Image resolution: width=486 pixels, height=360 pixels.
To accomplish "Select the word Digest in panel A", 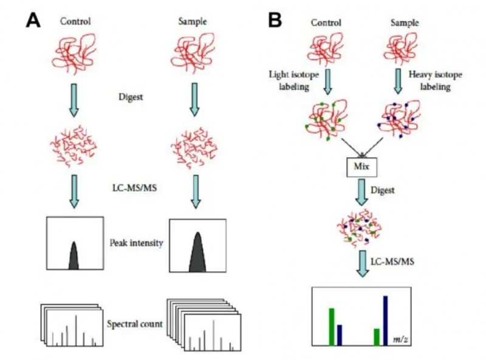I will tap(132, 95).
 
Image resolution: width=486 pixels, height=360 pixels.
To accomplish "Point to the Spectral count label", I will tap(134, 324).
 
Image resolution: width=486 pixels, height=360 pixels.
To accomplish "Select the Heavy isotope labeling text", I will tap(436, 81).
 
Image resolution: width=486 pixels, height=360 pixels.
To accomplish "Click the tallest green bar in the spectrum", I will tap(332, 326).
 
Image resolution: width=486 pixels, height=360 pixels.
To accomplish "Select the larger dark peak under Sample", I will tap(197, 252).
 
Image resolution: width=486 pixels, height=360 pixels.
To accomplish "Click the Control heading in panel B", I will tap(326, 22).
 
